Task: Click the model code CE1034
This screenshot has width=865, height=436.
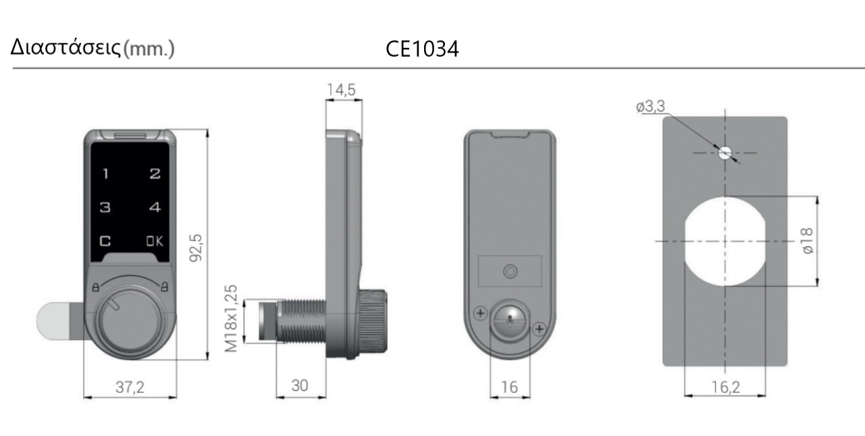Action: pos(422,49)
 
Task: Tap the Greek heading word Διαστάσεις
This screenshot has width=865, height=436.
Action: pos(65,48)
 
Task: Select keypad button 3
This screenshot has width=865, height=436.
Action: pos(105,208)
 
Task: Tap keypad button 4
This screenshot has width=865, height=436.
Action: pos(155,208)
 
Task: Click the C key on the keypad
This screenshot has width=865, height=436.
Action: pos(105,241)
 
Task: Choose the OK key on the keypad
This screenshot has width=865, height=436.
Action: pos(155,241)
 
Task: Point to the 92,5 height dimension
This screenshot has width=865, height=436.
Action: pos(196,248)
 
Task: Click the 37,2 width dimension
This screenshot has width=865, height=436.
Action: pos(130,387)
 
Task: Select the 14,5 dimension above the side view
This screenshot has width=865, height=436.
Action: pos(341,90)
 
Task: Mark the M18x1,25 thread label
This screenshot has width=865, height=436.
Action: pos(231,319)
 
